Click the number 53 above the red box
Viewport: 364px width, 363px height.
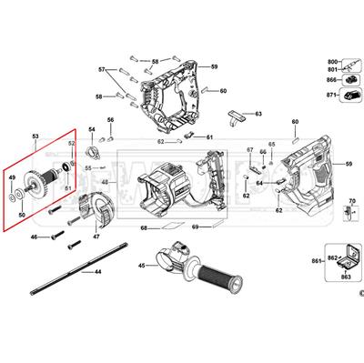click(36, 134)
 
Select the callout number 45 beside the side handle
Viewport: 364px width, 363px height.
click(141, 265)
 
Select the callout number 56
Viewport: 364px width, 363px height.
click(110, 120)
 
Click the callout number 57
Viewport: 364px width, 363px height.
click(103, 69)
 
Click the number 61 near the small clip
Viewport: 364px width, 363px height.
click(209, 137)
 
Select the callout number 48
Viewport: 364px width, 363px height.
click(106, 183)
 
